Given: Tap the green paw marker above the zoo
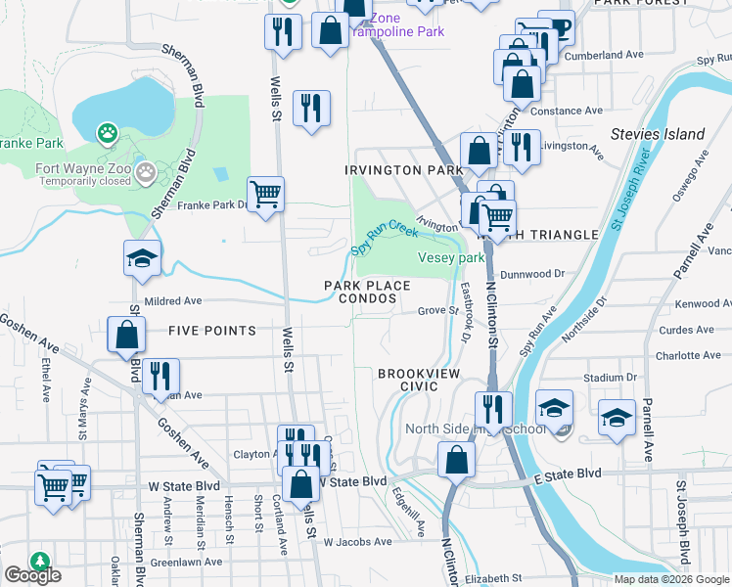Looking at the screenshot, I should point(107,132).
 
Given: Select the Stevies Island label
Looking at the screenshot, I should point(657,134).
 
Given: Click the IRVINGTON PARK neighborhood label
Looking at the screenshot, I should point(403,170).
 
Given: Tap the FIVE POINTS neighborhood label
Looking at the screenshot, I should point(212,331).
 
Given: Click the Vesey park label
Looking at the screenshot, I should point(451,258).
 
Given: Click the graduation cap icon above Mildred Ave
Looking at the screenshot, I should point(142,258).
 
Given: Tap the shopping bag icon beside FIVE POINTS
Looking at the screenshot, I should point(127,335).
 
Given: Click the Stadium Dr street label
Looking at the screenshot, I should point(603,377).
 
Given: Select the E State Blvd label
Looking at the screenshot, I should point(568,474).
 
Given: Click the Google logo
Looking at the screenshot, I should point(32,575).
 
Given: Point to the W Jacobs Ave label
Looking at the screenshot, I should point(357,541).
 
